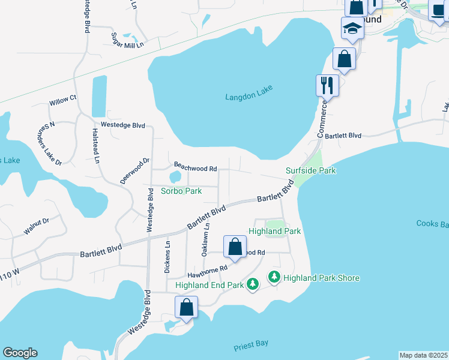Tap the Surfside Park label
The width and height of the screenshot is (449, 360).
coord(310,170)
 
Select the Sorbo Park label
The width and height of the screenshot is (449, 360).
coord(181,191)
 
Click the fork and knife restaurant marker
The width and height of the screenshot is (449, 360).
coord(327,85)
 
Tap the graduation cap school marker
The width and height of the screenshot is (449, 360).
coord(352,28)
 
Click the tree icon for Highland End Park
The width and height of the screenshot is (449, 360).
coord(253,283)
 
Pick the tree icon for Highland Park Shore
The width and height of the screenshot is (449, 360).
coord(274,277)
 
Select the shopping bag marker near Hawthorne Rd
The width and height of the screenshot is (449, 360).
coord(235,246)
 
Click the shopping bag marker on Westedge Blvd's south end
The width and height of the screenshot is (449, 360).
coord(187,307)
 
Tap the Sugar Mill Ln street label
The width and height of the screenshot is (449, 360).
coord(128,40)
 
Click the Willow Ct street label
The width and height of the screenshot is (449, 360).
coord(63,100)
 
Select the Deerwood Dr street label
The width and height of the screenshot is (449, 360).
coord(134,172)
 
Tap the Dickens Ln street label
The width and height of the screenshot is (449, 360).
coord(167,257)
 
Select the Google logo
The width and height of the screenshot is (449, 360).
coord(20,353)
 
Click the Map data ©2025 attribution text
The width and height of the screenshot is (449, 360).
coord(423,355)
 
